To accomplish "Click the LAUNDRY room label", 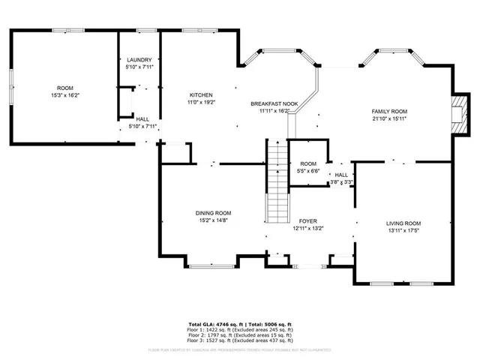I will (139, 60).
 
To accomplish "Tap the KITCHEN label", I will (200, 94).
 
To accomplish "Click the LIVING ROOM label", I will (403, 223).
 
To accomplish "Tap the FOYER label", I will (307, 221).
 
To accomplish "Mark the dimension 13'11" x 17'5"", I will (403, 231).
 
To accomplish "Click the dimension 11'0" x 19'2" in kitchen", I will (200, 103).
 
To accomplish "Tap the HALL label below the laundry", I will (142, 118).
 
